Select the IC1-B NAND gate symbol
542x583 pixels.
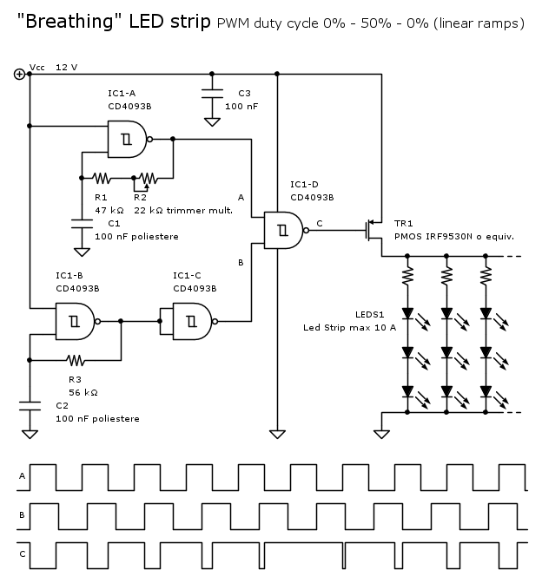73,321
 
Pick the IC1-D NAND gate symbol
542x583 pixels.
283,229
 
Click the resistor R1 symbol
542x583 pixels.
102,179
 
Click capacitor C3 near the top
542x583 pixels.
212,94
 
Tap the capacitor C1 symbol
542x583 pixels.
82,224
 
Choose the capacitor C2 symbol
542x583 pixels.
30,404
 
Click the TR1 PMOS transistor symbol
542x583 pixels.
374,228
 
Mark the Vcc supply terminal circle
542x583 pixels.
19,74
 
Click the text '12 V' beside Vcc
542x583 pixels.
67,67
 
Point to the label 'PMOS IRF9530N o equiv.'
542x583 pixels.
454,236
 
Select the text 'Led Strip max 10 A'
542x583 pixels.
349,327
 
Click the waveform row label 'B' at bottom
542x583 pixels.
21,514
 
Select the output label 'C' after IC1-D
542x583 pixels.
319,223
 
